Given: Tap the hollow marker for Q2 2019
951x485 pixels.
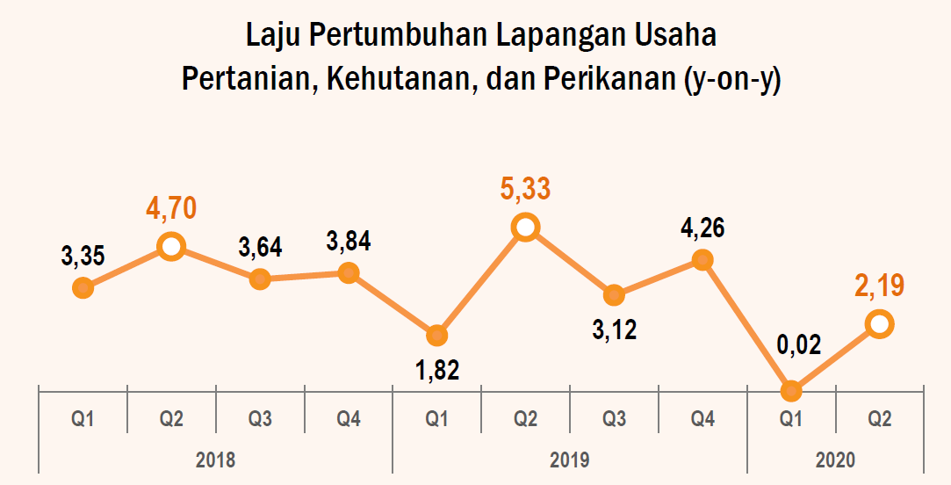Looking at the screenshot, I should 525,228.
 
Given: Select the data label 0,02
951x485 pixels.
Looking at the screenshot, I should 791,344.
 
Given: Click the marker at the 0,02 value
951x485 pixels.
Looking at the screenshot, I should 791,390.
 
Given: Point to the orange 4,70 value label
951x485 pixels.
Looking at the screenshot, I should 171,208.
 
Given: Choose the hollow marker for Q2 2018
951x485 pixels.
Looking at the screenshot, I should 171,247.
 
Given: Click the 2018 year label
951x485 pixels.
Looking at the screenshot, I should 215,460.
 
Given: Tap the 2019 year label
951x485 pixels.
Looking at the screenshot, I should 569,460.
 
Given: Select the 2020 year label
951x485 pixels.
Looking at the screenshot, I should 835,460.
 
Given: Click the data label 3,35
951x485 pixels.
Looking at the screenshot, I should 83,257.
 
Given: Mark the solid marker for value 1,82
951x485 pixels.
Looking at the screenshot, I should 436,335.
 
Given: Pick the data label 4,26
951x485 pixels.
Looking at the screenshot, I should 702,230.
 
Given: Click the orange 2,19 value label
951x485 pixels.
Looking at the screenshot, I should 880,286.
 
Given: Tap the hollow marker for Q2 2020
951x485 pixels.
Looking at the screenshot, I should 880,324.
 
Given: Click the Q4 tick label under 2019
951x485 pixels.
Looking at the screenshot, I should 702,419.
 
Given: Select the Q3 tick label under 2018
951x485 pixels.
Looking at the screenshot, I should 260,419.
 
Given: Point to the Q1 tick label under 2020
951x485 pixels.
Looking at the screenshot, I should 791,419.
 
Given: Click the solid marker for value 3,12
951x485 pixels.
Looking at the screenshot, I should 614,295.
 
